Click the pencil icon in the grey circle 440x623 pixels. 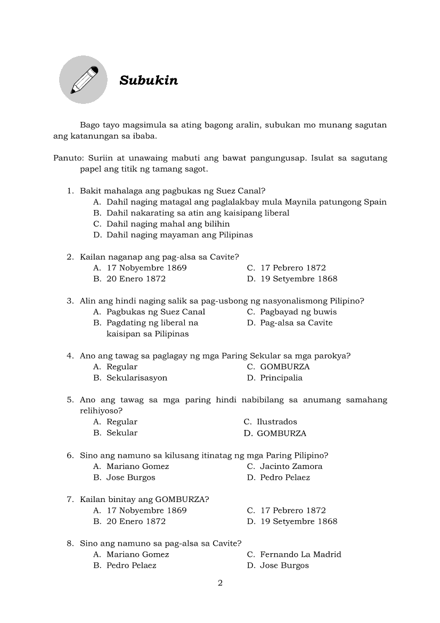84,80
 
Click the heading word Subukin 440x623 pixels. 149,80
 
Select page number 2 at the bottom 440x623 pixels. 220,582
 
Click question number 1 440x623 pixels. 69,191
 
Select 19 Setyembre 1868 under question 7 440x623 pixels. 298,521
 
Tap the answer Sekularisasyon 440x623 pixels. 137,378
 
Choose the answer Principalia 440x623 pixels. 281,378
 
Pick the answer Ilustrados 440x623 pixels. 277,422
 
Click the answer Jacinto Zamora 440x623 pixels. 291,466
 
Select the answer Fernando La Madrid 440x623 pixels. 300,554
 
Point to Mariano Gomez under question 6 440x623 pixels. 137,466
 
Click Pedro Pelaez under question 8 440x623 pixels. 132,565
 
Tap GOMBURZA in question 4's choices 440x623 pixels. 284,367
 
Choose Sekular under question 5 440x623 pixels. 122,433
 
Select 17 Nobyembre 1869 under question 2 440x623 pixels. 146,268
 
